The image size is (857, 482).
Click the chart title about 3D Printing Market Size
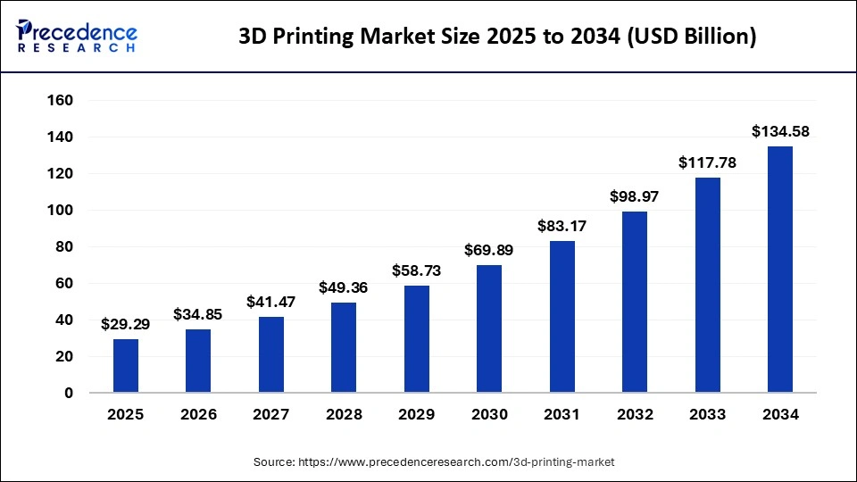click(497, 37)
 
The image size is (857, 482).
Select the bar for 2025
click(126, 366)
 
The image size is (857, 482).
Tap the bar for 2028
click(344, 348)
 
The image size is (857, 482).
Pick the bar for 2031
click(562, 317)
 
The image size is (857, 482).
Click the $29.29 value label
click(126, 325)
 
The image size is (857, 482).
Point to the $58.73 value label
click(417, 270)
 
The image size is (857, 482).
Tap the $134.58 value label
click(780, 132)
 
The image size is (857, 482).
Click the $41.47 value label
click(271, 303)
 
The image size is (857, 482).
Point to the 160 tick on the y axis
click(60, 101)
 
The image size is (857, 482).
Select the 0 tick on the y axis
click(68, 393)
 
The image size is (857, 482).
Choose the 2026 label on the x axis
click(198, 415)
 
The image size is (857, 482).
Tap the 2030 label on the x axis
click(489, 415)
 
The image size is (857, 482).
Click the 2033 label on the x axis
click(708, 415)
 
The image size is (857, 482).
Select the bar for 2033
click(708, 285)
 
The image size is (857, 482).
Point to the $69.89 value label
click(489, 250)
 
